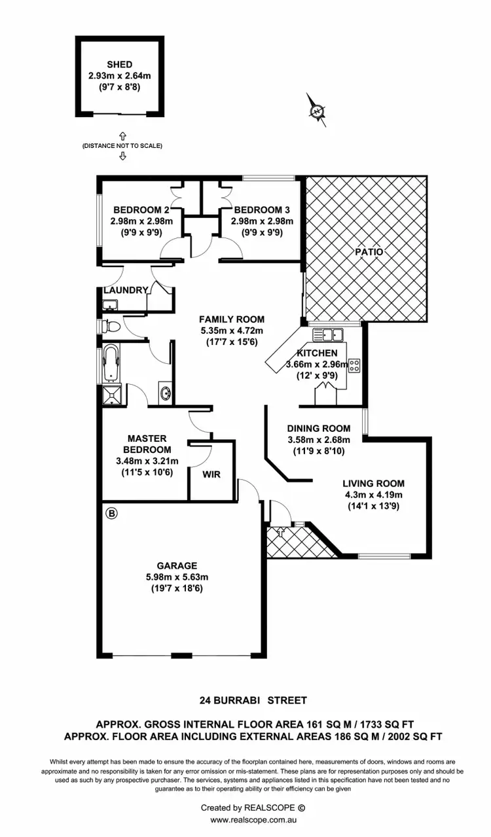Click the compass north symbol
[x=318, y=112]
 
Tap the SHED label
[x=120, y=65]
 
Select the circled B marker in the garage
[x=111, y=514]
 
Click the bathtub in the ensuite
[x=111, y=364]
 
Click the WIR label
[x=211, y=474]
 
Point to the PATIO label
[x=369, y=251]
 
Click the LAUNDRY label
[x=126, y=290]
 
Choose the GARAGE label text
[x=177, y=565]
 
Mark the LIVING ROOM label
[x=373, y=484]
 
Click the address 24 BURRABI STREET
[x=253, y=700]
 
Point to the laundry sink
[x=109, y=304]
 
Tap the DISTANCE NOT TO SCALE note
[x=122, y=145]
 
